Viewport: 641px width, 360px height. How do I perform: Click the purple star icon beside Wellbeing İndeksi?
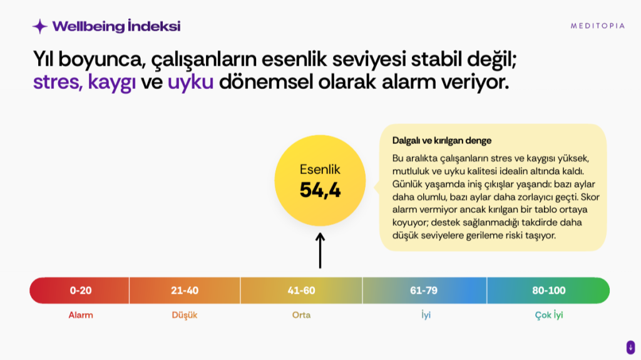[x=40, y=26]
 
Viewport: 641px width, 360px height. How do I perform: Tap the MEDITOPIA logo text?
[x=598, y=26]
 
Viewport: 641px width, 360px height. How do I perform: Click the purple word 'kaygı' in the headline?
[x=111, y=82]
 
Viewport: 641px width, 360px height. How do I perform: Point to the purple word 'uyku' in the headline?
[x=190, y=82]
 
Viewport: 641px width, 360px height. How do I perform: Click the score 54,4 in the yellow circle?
[x=320, y=190]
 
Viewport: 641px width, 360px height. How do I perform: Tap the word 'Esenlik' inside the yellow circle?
[x=320, y=170]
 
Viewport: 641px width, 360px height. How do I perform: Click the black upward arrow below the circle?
[x=320, y=251]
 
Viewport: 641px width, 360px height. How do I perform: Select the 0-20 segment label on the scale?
[x=81, y=291]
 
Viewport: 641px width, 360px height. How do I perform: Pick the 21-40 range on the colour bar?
[x=185, y=291]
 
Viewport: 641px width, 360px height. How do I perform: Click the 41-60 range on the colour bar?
[x=301, y=291]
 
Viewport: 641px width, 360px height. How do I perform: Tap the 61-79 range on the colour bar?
[x=424, y=291]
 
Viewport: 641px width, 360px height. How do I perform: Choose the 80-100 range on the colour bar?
[x=548, y=291]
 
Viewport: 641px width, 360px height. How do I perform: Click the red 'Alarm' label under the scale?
[x=81, y=315]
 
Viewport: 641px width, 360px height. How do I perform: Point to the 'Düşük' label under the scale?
[x=185, y=315]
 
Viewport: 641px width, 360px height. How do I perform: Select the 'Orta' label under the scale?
[x=301, y=315]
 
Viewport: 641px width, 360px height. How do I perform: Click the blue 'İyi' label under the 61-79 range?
[x=426, y=315]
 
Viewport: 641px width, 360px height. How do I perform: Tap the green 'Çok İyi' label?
[x=549, y=315]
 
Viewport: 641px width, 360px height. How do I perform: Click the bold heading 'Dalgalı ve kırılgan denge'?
[x=441, y=141]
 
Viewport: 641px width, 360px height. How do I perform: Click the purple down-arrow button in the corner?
[x=630, y=347]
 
